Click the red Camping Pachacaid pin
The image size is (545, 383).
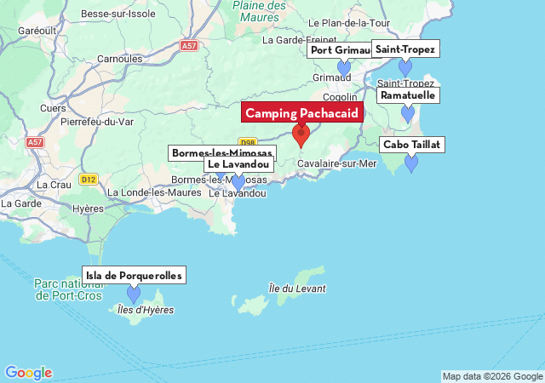(x=301, y=135)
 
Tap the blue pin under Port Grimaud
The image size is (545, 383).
(x=344, y=69)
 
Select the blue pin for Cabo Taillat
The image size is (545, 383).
(x=411, y=163)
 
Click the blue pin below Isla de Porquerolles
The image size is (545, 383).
(x=134, y=294)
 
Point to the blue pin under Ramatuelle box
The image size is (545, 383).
(x=408, y=113)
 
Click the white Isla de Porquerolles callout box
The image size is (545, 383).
(x=134, y=275)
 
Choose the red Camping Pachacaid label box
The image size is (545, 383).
(x=302, y=112)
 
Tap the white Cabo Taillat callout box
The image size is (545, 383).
(x=412, y=145)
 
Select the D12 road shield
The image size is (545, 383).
(x=89, y=180)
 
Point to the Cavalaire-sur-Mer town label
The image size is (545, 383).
(x=336, y=163)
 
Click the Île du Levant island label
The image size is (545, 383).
(x=296, y=289)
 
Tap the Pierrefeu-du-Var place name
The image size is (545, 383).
(x=98, y=122)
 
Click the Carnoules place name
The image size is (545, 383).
(x=120, y=59)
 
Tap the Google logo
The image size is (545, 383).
(x=28, y=373)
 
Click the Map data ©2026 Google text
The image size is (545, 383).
(x=491, y=376)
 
